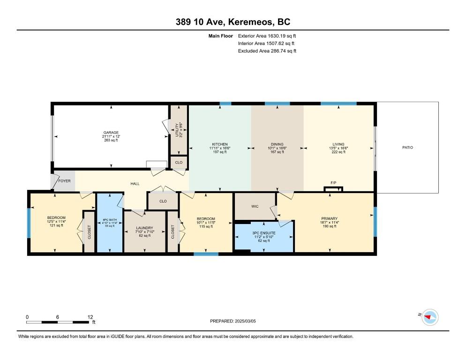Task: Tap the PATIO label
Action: tap(407, 148)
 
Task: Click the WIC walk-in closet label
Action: tap(255, 206)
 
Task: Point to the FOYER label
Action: tap(64, 180)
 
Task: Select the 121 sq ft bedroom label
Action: tap(56, 221)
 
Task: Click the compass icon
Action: tap(429, 317)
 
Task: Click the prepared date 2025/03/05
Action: tap(233, 321)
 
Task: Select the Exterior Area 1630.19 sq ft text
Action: tap(267, 36)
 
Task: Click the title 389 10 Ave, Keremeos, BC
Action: tap(233, 22)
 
